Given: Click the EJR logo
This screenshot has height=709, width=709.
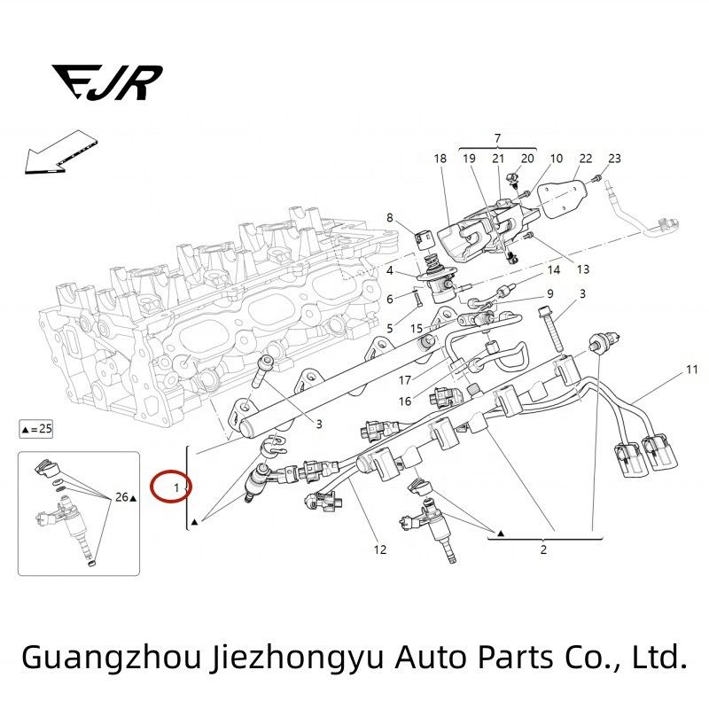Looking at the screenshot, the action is click(x=106, y=82).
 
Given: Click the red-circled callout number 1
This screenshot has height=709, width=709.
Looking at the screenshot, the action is click(x=176, y=488).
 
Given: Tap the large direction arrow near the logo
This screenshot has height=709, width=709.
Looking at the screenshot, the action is click(x=60, y=152).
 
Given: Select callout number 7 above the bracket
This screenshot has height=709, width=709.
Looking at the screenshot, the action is click(x=497, y=138).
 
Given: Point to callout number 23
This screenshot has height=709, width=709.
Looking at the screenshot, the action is click(x=614, y=159).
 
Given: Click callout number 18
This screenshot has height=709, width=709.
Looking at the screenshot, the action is click(x=440, y=159).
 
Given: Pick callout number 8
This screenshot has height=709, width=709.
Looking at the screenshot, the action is click(x=390, y=218).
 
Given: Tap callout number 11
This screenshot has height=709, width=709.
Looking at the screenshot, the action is click(x=692, y=370).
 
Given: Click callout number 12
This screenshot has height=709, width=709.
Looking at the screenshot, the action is click(x=380, y=549).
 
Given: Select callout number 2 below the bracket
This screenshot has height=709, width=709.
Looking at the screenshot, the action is click(x=543, y=549).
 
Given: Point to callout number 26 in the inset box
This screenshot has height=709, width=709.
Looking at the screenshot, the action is click(x=121, y=497).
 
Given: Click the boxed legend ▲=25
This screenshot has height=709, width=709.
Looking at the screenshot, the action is click(x=36, y=429).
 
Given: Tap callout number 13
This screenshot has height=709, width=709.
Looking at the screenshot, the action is click(x=583, y=269).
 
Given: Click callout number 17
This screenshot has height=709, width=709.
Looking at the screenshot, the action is click(x=405, y=380).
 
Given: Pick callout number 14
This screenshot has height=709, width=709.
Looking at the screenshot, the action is click(x=553, y=270).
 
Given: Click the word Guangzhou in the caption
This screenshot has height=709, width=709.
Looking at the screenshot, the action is click(x=112, y=658).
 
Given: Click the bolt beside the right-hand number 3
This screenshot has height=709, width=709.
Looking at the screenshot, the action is click(x=550, y=329).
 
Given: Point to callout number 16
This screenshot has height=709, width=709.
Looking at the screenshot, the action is click(x=405, y=401).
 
